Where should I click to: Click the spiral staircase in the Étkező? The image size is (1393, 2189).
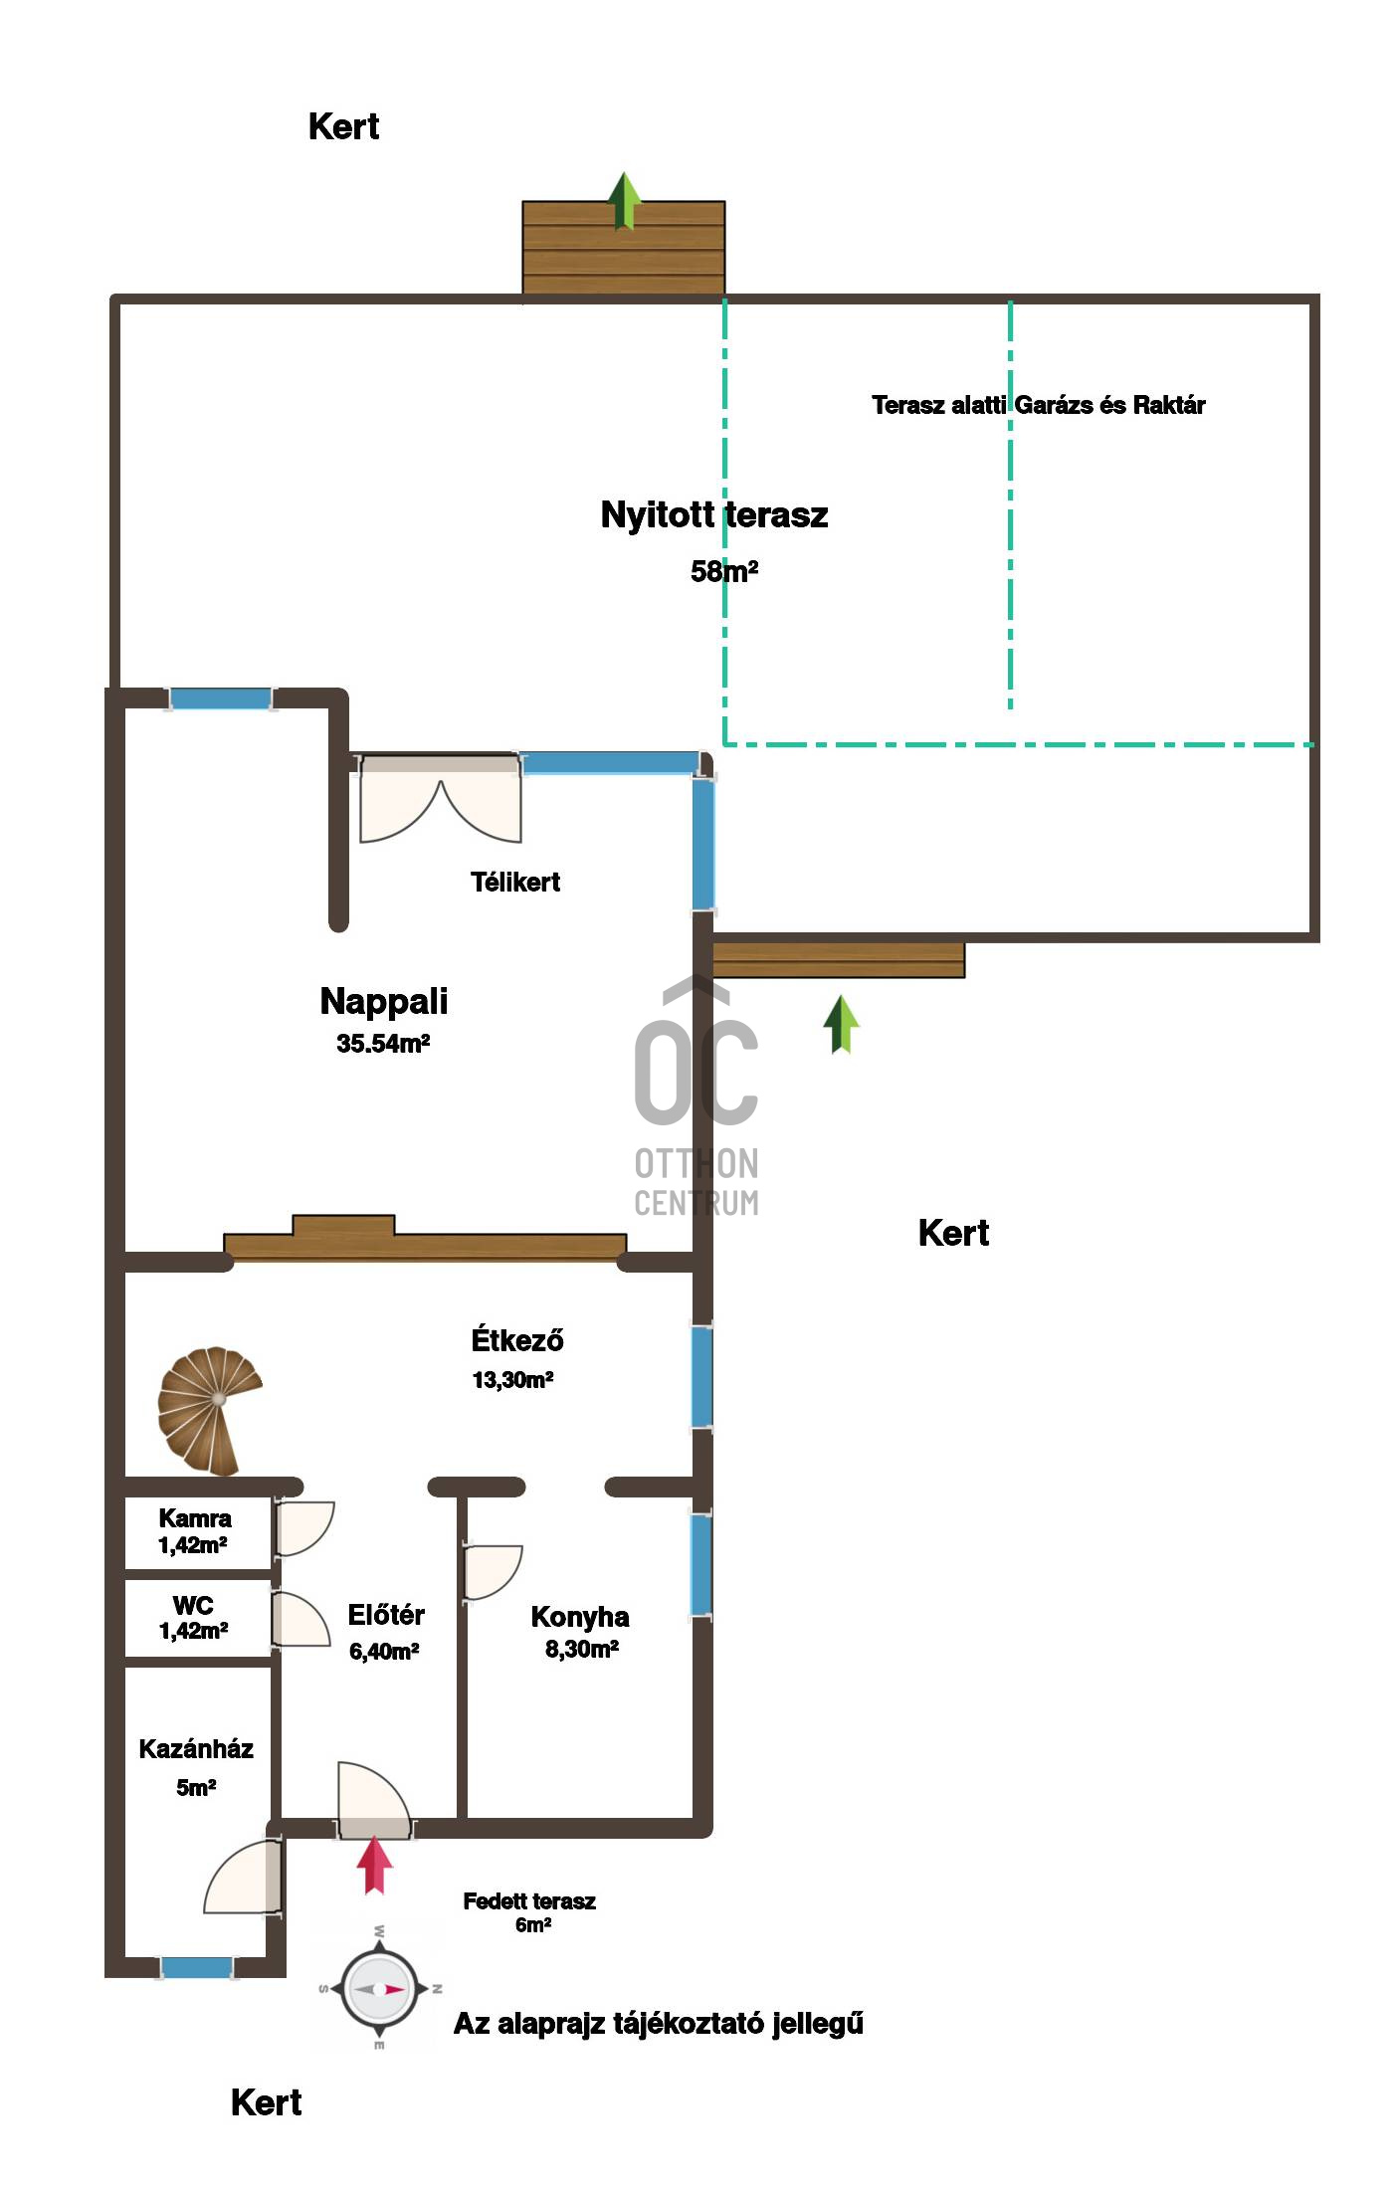click(x=208, y=1410)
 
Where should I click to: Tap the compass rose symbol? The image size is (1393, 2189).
click(x=379, y=1989)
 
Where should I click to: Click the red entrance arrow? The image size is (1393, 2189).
click(x=374, y=1865)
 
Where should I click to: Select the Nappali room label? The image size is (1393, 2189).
click(x=384, y=1001)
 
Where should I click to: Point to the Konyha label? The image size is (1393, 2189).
click(x=580, y=1617)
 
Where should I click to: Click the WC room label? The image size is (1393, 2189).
click(x=193, y=1605)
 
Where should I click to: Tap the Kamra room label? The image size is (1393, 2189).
click(x=195, y=1518)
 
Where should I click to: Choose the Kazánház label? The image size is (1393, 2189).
click(x=196, y=1748)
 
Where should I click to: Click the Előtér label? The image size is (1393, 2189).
click(x=386, y=1615)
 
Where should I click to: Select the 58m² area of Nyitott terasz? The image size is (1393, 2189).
click(x=724, y=571)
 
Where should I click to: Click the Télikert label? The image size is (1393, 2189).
click(x=515, y=882)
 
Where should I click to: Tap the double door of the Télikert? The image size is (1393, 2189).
click(x=440, y=798)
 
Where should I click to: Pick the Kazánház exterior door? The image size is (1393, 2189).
click(x=244, y=1877)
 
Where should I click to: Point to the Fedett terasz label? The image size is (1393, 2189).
click(x=529, y=1901)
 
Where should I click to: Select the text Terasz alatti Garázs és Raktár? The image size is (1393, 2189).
click(x=1039, y=405)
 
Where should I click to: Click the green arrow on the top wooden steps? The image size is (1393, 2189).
click(x=624, y=201)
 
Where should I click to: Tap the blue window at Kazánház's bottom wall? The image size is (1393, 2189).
click(x=197, y=1967)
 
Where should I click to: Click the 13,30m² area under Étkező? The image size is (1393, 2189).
click(x=512, y=1380)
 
